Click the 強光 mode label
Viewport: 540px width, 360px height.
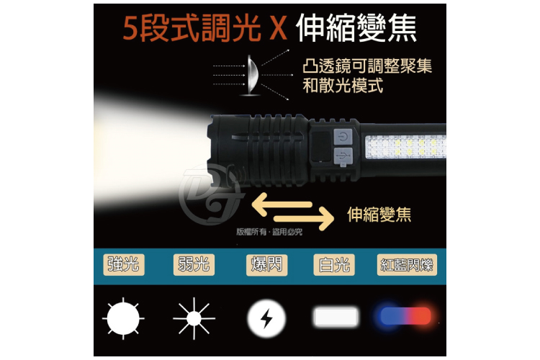(123, 264)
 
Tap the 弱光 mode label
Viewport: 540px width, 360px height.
(194, 264)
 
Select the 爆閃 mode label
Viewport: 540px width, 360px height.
(265, 264)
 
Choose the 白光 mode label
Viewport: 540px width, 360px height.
(334, 264)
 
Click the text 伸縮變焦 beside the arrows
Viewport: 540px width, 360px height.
(379, 214)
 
